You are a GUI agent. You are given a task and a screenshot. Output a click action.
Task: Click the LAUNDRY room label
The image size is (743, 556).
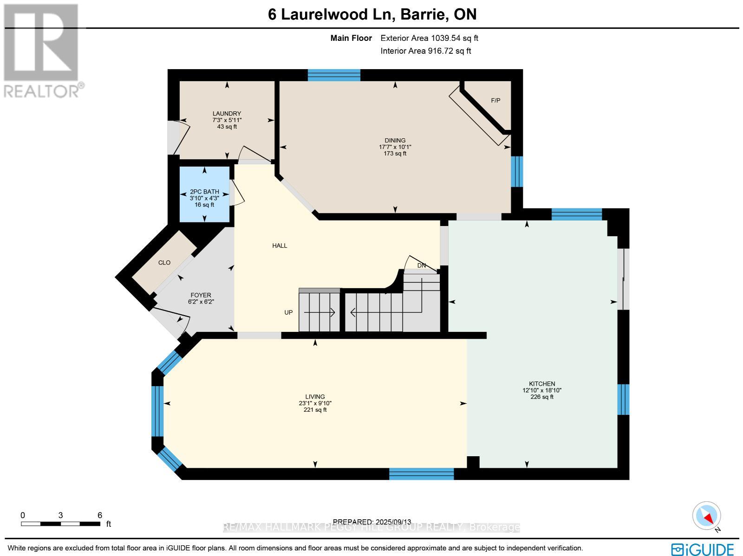(227, 114)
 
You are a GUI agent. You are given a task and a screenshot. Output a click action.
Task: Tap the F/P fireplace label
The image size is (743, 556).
(495, 101)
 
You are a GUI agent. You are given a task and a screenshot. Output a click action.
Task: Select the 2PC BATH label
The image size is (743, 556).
(204, 192)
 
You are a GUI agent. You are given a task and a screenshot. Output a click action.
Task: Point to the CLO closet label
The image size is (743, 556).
(164, 263)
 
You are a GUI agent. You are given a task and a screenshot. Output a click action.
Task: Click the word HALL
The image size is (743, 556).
(280, 246)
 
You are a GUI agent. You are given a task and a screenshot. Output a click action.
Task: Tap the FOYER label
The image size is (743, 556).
(201, 295)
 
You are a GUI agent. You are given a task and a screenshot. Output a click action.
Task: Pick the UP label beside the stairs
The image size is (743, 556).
(288, 312)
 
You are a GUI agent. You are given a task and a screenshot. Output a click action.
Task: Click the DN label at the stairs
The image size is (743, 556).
(421, 265)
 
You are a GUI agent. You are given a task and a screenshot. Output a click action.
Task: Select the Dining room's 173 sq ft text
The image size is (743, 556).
(395, 154)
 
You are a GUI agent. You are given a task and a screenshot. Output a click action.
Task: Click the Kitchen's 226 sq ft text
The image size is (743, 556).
(542, 397)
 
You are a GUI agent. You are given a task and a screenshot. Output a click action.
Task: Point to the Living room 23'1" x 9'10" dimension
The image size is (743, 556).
(315, 403)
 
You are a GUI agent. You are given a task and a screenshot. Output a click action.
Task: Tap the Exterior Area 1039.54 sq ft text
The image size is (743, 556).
(429, 39)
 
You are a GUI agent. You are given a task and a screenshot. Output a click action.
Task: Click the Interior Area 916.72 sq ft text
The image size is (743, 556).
(425, 51)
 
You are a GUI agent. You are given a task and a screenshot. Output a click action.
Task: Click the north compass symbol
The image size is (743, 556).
(706, 516)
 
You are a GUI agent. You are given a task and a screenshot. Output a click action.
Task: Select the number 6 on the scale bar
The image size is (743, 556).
(100, 515)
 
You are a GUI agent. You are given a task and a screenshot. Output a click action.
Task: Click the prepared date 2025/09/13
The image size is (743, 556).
(372, 522)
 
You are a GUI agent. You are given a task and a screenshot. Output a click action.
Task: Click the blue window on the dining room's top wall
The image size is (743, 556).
(334, 75)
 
